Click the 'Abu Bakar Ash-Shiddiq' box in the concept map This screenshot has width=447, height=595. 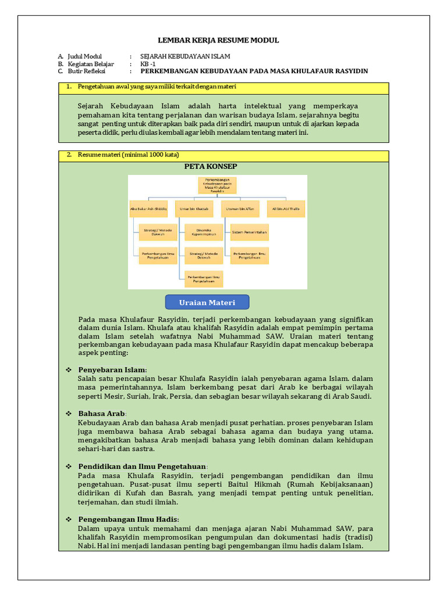point(148,208)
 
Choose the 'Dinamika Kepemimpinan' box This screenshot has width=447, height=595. point(203,232)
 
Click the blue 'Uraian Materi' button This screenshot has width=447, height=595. point(207,302)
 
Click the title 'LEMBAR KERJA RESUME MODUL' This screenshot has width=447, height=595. point(219,40)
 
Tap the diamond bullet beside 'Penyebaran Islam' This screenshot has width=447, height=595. point(69,370)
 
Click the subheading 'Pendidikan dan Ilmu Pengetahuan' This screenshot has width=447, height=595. point(143,466)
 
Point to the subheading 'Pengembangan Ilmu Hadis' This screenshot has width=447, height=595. point(129,519)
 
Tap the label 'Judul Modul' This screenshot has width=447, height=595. point(85,56)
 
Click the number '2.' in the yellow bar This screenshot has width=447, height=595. point(69,155)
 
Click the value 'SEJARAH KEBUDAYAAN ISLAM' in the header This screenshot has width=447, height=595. point(185,56)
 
